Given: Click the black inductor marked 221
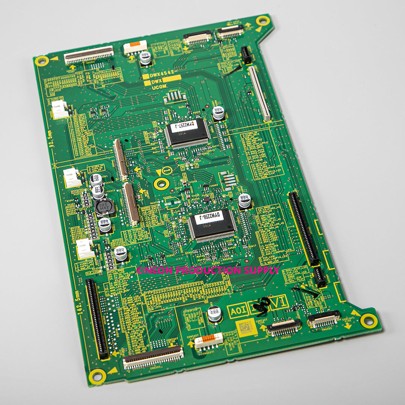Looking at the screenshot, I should (x=105, y=207).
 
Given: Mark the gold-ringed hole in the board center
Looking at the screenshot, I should (x=161, y=183).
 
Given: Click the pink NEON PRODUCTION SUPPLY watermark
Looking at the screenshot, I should (x=208, y=270).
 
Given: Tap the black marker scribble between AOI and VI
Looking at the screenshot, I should (x=261, y=304).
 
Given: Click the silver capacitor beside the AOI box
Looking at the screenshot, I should (x=214, y=314).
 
